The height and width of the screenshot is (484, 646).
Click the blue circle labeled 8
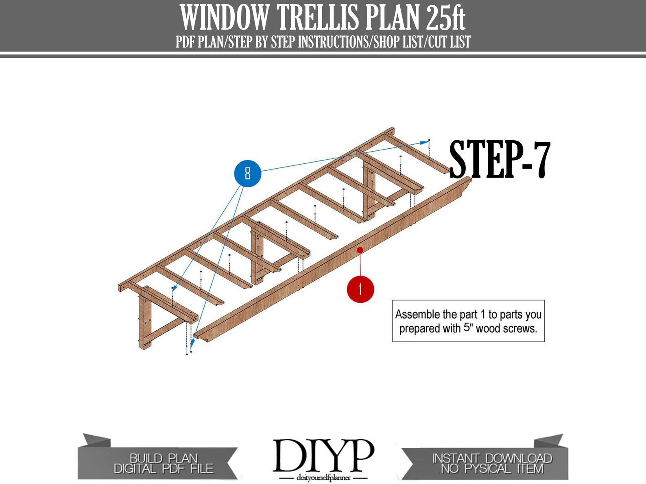point(247,174)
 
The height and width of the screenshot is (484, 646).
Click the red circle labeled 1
point(360,289)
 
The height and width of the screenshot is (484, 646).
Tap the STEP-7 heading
point(500,160)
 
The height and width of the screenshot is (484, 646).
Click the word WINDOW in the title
point(225,18)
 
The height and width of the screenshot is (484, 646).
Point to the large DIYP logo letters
point(323,455)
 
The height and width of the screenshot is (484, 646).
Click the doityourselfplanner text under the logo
point(323,478)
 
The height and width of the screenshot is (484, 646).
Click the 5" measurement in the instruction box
point(468,328)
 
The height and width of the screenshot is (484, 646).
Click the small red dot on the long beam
point(360,250)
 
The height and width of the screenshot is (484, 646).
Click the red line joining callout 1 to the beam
point(360,264)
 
